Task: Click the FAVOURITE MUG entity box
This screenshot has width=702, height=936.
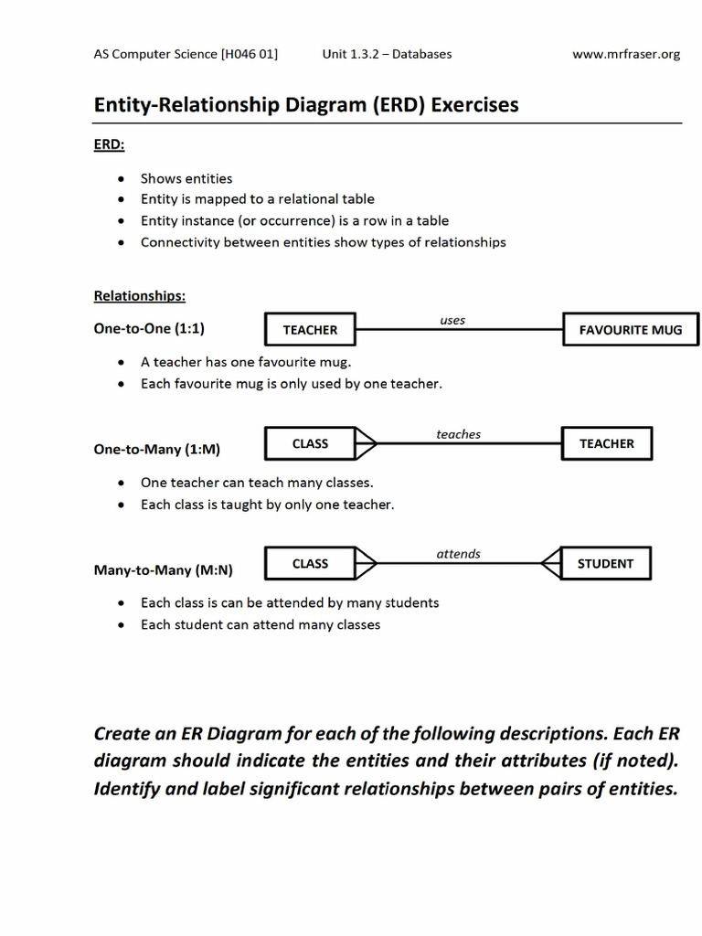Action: click(x=631, y=330)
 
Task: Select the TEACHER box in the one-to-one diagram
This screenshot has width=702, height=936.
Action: click(x=310, y=330)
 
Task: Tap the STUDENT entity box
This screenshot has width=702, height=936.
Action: click(x=605, y=564)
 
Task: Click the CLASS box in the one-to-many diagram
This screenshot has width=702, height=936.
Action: click(x=310, y=443)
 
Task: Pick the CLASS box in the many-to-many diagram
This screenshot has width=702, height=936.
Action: click(x=310, y=564)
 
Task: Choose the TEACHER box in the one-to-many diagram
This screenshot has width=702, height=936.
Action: click(x=606, y=443)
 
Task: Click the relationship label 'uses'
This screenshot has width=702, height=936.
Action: click(x=452, y=320)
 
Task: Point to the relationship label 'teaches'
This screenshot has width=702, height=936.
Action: click(x=458, y=434)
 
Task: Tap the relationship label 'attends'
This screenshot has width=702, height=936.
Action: click(x=458, y=554)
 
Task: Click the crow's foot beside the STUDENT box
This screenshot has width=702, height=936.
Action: click(x=552, y=564)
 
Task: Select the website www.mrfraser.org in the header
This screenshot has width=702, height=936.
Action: click(x=626, y=54)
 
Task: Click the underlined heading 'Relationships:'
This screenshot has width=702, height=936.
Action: click(x=140, y=296)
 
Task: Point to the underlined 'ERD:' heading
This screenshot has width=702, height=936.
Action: click(x=110, y=144)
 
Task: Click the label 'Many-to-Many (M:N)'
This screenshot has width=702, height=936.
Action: click(x=164, y=569)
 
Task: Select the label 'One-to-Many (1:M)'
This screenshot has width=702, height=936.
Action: click(x=157, y=450)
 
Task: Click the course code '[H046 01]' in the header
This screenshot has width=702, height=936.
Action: click(x=250, y=54)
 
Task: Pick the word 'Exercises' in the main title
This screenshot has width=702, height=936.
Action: click(x=474, y=105)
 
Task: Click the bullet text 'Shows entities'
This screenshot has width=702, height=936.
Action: click(x=186, y=178)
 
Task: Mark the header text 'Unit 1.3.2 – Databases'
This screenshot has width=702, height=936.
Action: click(x=387, y=54)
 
